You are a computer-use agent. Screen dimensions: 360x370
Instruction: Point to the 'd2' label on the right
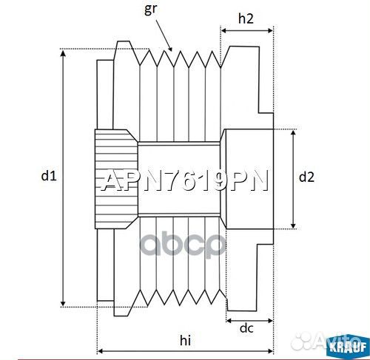tap(306, 177)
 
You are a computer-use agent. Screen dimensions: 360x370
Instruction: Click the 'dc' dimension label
tap(246, 329)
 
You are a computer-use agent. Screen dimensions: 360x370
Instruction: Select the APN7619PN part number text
tap(184, 182)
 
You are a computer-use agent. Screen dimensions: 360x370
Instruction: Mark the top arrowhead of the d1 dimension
tap(64, 53)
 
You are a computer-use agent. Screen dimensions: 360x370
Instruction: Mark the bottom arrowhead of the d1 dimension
tap(64, 302)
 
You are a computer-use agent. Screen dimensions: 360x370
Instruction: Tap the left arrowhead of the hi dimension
tap(101, 350)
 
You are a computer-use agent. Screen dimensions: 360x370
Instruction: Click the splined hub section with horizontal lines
tap(115, 178)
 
